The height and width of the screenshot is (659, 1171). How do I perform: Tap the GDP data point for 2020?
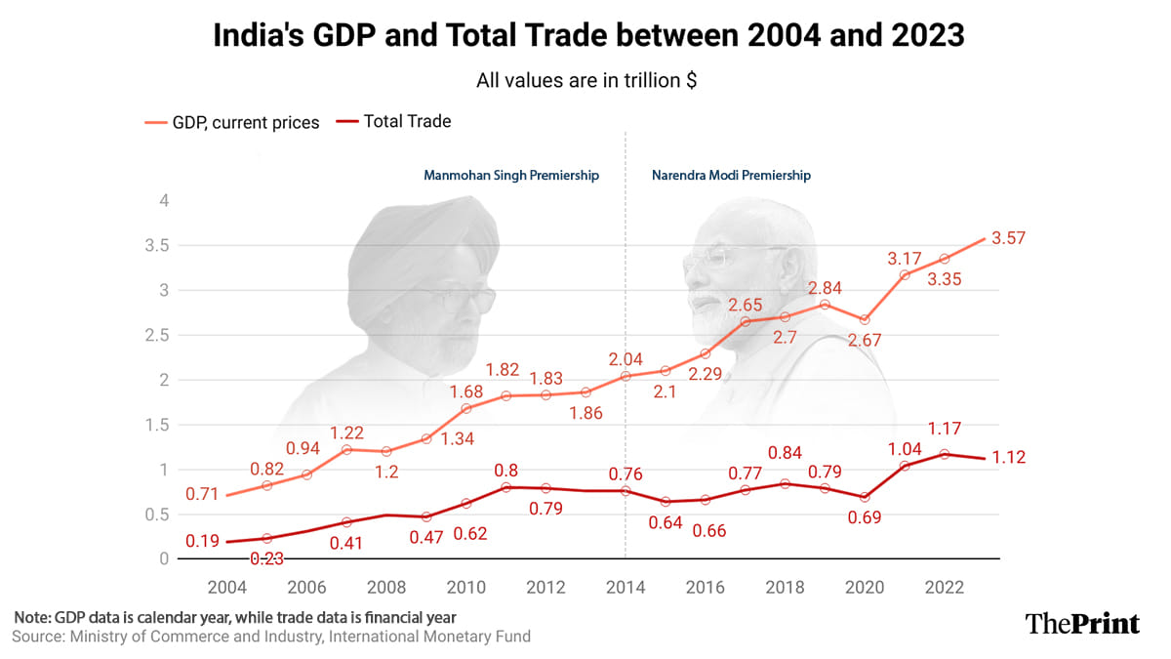coord(865,320)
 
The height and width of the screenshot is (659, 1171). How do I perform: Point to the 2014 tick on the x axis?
coord(626,587)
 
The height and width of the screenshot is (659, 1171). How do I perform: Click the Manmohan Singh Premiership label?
coord(511,176)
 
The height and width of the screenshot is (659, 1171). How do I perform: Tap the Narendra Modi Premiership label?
coord(732,176)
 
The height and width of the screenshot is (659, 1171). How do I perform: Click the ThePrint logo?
coord(1082,623)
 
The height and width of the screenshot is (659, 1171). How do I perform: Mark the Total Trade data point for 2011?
coord(505,486)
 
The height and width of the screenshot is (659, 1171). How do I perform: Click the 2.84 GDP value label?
coord(826,288)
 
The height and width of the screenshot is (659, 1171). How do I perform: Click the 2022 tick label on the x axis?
coord(945,587)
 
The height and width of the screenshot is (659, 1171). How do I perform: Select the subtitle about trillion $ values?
coord(585,81)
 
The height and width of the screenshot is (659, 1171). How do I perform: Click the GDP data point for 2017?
coord(745,321)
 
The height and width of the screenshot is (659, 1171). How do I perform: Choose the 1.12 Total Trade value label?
coord(1009,458)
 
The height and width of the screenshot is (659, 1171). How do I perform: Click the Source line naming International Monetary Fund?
coord(271,637)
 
